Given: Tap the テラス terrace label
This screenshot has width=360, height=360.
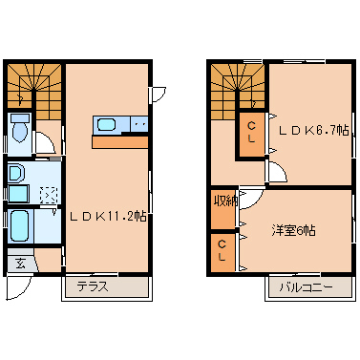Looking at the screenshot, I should pos(93,286).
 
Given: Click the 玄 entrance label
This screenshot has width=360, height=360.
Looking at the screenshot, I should pos(20,265).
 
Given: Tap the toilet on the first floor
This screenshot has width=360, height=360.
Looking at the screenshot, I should pos(19,127).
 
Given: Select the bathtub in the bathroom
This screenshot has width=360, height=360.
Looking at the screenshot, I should pos(21,227).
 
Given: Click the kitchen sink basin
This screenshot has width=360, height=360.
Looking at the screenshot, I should pos(106,124).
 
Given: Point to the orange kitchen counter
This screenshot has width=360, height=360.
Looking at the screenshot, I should pos(120,141).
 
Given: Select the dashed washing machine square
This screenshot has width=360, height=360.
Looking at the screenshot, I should pos(47,195).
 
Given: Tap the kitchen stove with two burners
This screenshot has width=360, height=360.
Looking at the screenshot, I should pos(138,124).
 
